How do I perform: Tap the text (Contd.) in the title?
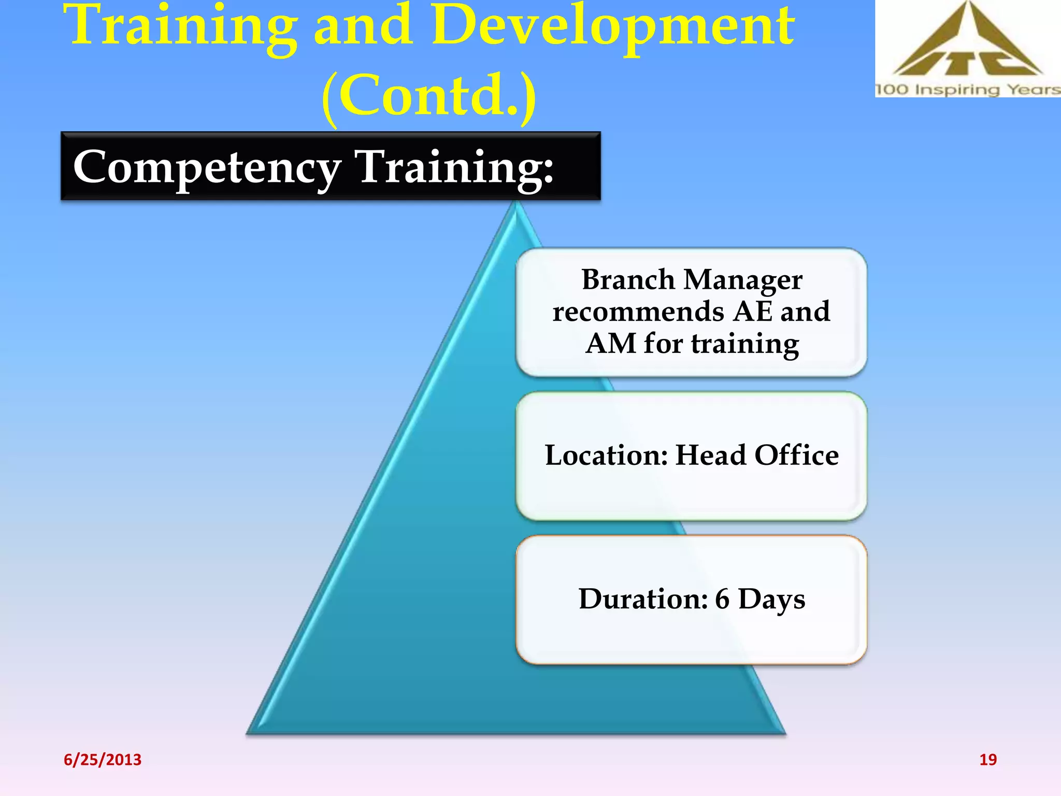(x=429, y=96)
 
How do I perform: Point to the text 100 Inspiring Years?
(x=967, y=90)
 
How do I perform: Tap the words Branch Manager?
(x=692, y=280)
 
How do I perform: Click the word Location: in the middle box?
(x=606, y=455)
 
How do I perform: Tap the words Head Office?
(x=757, y=455)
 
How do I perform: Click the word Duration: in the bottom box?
(x=643, y=599)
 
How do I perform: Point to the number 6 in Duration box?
(x=722, y=599)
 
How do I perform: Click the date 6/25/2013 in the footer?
(x=102, y=760)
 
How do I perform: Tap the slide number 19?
(x=987, y=760)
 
